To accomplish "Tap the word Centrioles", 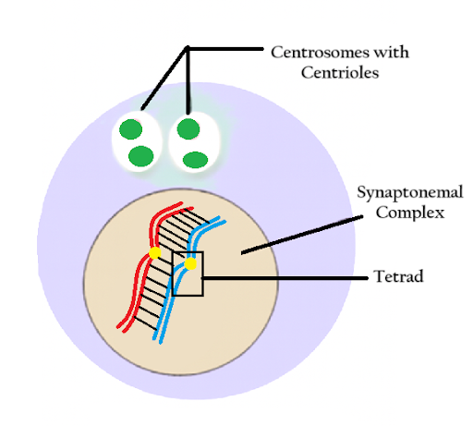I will pyautogui.click(x=340, y=72).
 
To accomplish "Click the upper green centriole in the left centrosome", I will pyautogui.click(x=131, y=129).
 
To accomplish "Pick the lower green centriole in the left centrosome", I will pyautogui.click(x=139, y=155).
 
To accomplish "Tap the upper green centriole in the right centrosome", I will pyautogui.click(x=188, y=128).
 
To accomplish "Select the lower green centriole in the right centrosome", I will pyautogui.click(x=195, y=159).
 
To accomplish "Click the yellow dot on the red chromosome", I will pyautogui.click(x=154, y=252).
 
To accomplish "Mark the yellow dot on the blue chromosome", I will pyautogui.click(x=190, y=264).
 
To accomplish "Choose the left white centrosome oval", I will pyautogui.click(x=137, y=142).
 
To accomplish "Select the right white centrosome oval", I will pyautogui.click(x=191, y=142).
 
